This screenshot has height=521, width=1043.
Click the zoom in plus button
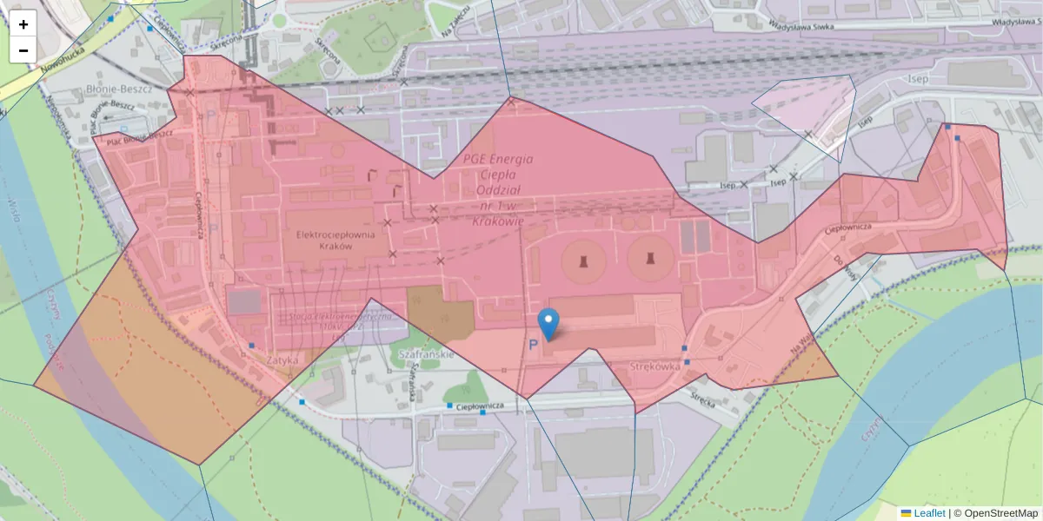click(x=23, y=24)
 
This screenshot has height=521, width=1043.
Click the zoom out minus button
click(x=23, y=50)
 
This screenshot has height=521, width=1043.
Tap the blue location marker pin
click(x=548, y=324)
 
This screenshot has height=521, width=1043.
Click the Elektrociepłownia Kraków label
click(x=323, y=241)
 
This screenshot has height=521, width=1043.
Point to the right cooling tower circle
click(x=649, y=259)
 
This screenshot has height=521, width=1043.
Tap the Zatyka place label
click(x=283, y=358)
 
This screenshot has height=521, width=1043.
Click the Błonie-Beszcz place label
click(x=120, y=89)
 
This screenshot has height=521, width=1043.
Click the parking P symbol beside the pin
click(x=533, y=345)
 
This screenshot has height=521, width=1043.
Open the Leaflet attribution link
click(x=929, y=513)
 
